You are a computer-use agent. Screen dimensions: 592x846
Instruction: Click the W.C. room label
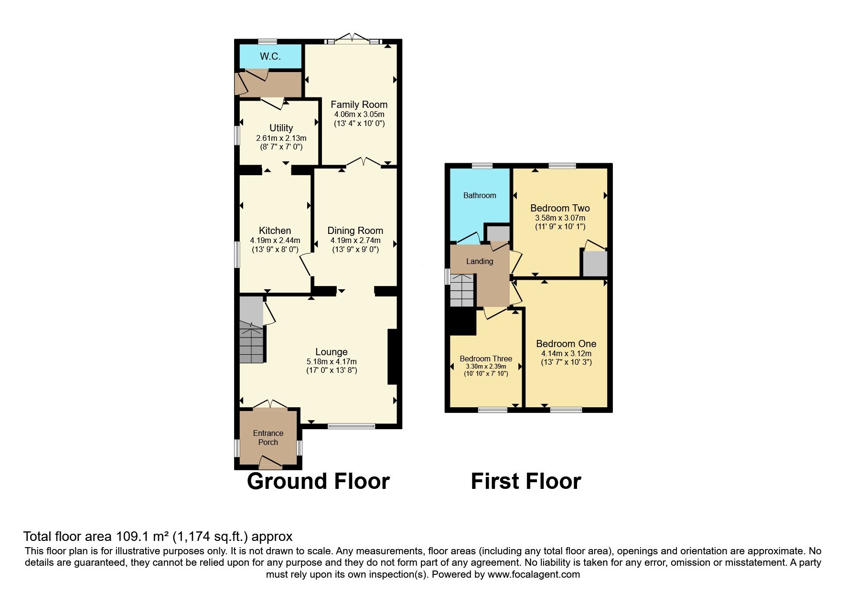tap(270, 56)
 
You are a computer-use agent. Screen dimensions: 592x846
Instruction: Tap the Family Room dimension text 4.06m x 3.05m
tap(359, 115)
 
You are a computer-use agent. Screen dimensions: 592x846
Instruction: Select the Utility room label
tap(281, 128)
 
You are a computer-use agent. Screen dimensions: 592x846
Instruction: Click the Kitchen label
tap(275, 231)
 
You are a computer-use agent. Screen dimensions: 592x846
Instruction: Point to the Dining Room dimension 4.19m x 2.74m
tap(355, 241)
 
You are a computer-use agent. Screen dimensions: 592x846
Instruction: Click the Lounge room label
tap(331, 352)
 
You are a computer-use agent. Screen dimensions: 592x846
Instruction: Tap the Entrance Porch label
tap(268, 437)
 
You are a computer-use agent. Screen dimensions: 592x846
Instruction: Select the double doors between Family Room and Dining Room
tap(364, 163)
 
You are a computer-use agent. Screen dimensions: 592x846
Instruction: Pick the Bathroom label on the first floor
tap(480, 195)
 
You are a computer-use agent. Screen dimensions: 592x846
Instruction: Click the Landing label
tap(480, 261)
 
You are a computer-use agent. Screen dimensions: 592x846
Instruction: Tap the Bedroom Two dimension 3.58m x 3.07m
tap(560, 218)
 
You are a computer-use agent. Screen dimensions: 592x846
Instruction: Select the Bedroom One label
tap(566, 344)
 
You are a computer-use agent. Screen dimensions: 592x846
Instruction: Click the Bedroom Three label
tap(486, 359)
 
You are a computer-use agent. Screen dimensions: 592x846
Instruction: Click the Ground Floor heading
tap(318, 481)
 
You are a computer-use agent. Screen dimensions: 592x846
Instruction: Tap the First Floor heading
tap(526, 481)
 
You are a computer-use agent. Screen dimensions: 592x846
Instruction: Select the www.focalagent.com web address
tap(534, 574)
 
